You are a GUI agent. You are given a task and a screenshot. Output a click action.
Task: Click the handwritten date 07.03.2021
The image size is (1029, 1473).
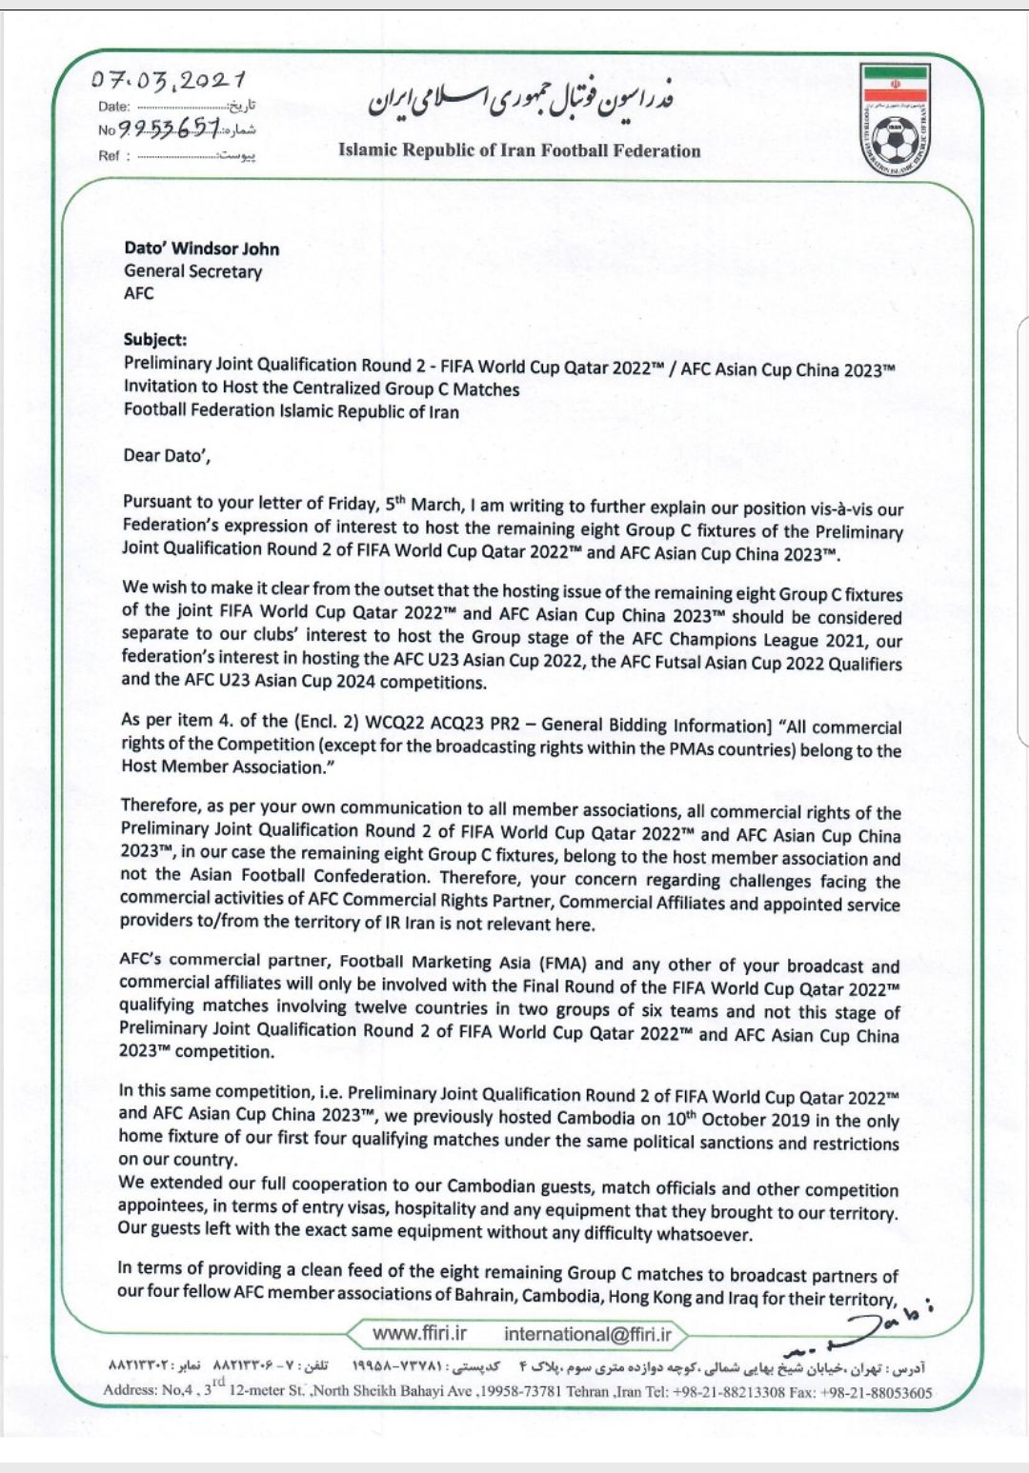(x=169, y=80)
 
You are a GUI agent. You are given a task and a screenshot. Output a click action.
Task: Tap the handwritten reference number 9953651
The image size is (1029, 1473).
(x=170, y=128)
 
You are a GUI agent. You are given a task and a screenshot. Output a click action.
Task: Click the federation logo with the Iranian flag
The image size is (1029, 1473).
(x=895, y=120)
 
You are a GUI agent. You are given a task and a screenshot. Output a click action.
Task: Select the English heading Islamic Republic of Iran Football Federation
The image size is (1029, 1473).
(x=519, y=150)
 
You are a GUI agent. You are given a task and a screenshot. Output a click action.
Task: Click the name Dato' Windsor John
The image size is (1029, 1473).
(x=201, y=249)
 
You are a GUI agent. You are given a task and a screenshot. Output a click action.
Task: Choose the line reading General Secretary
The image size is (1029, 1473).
(x=192, y=271)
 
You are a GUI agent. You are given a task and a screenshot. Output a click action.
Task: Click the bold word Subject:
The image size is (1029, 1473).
(x=155, y=340)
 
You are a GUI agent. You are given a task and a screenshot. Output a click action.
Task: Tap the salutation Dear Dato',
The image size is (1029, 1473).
(x=167, y=455)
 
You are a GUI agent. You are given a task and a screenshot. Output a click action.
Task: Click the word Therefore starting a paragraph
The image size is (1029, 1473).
(x=159, y=806)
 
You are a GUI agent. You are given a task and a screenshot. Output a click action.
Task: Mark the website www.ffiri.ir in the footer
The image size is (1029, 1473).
(x=419, y=1333)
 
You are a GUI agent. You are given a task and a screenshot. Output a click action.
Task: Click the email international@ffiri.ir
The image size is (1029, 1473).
(x=588, y=1334)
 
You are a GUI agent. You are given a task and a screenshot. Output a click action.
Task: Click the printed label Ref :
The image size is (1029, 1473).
(x=114, y=156)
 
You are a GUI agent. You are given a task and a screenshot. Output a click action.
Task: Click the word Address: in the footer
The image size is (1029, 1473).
(x=131, y=1390)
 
